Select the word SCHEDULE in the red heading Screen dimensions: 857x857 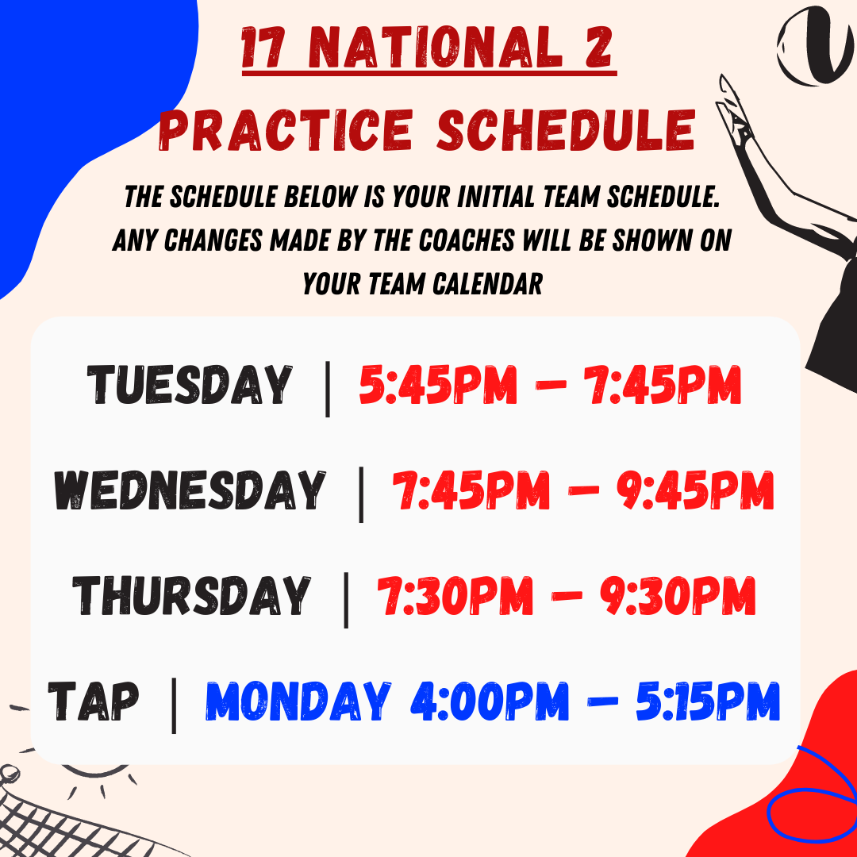click(567, 131)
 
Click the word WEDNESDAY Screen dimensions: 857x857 click(190, 490)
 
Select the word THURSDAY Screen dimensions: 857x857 click(192, 595)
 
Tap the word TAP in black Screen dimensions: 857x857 click(94, 701)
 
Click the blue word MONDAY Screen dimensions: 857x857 click(298, 701)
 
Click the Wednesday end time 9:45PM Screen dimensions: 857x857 click(695, 490)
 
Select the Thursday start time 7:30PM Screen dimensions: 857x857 click(455, 595)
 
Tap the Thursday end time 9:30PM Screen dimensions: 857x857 click(678, 595)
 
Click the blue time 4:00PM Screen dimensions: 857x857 click(490, 701)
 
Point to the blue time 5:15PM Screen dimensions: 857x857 click(708, 701)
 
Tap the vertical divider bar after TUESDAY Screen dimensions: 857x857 click(328, 389)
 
